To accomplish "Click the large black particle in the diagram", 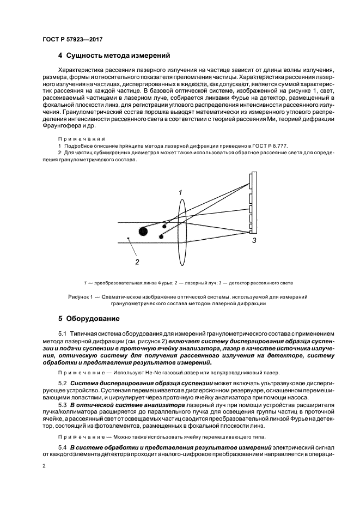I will point(143,231).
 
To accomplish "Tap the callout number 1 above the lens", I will point(180,192).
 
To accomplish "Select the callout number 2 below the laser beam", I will point(137,262).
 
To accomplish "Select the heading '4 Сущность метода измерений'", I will point(114,55).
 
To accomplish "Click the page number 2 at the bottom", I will point(44,466).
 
